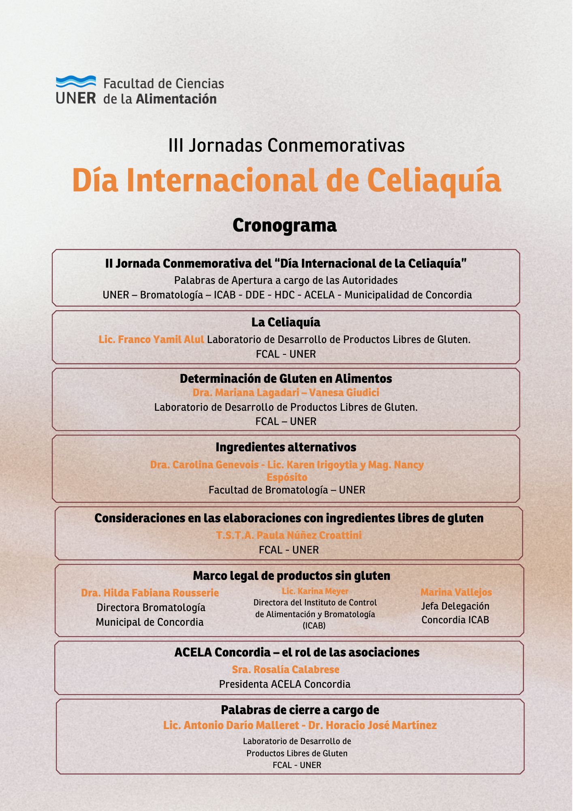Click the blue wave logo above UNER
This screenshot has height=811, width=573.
[76, 82]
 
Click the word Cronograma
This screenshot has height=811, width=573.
[284, 225]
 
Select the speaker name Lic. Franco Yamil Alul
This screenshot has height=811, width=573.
[151, 339]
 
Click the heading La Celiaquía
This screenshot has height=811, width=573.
[286, 322]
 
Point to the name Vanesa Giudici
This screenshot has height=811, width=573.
[344, 393]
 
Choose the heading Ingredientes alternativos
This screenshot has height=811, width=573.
[286, 447]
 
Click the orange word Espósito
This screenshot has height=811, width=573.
[287, 477]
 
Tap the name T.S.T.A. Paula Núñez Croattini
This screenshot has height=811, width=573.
[289, 535]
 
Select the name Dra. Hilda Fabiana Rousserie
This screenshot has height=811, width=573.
[150, 593]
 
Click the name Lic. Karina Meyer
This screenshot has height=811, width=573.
[315, 591]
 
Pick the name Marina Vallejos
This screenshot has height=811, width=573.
[456, 592]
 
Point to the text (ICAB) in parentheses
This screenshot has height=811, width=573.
[314, 626]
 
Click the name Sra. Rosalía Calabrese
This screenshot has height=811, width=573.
[286, 669]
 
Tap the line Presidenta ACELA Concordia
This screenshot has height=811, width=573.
[284, 684]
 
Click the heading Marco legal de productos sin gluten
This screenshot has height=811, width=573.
[291, 576]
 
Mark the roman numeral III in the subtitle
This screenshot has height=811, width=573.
[176, 145]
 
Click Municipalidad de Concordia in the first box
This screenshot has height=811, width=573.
[408, 295]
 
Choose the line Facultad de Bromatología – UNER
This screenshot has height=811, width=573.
[287, 490]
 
